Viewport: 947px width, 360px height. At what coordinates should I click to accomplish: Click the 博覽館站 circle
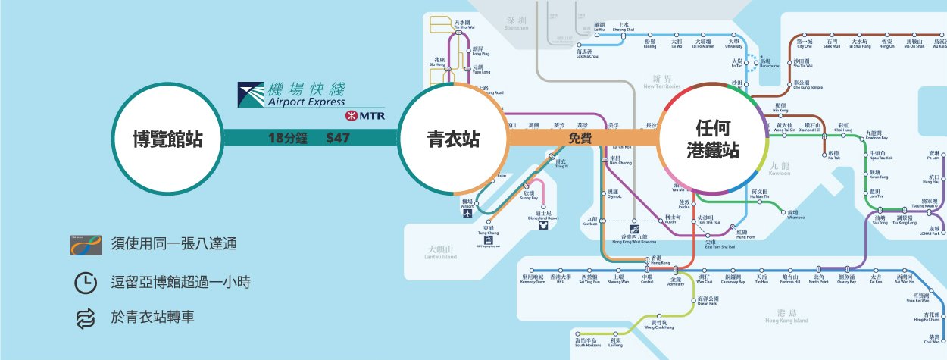coord(167,139)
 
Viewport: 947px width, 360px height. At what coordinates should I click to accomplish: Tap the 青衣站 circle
coord(452,139)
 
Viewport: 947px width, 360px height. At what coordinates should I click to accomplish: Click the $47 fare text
coord(338,139)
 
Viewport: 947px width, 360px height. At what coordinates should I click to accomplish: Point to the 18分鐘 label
coord(286,139)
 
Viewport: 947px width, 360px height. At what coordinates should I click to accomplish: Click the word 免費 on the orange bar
coord(581,139)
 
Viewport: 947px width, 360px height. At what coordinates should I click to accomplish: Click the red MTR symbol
coord(352,116)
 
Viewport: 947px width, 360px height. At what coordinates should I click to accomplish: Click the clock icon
coord(86,282)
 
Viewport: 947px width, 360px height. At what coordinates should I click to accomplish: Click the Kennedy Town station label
coord(533,280)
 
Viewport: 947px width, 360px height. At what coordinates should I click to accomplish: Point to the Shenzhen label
coord(517,23)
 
